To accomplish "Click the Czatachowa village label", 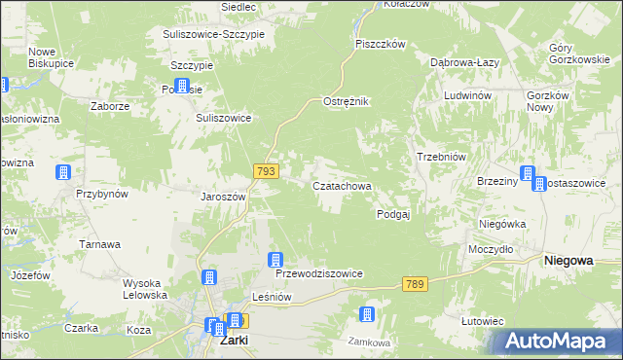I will point(341,185).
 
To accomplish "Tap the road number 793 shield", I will point(267,170).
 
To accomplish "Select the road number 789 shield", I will point(415,283).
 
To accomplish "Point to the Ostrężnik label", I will point(346,102).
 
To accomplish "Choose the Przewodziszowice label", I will point(319,274).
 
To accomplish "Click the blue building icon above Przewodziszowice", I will point(275,260).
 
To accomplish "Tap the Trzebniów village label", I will point(444,158).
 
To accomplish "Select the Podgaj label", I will point(393,214).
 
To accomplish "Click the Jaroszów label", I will point(223,195).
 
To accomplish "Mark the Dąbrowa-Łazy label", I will point(465,62).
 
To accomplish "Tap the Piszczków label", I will point(380,44).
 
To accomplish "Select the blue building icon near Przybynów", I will point(63,173).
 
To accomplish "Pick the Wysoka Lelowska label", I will point(145,289).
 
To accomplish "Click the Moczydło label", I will point(490,249).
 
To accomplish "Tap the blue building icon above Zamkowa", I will point(367,314).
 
